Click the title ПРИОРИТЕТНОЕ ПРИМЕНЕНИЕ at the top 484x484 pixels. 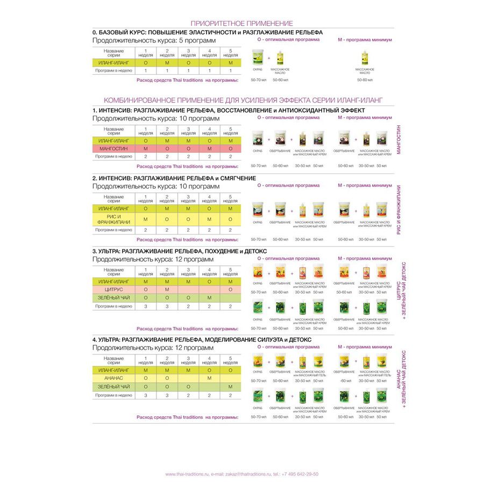pyautogui.click(x=242, y=23)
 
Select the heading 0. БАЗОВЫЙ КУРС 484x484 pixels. pyautogui.click(x=207, y=32)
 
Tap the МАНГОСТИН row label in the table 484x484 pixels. pyautogui.click(x=113, y=148)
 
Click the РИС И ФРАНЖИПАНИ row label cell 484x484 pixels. pyautogui.click(x=113, y=219)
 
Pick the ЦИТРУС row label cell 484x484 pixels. pyautogui.click(x=113, y=289)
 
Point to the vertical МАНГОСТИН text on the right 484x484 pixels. pyautogui.click(x=398, y=141)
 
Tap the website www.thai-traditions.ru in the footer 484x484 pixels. pyautogui.click(x=186, y=474)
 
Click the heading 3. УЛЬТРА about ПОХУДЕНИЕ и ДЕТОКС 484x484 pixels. pyautogui.click(x=179, y=251)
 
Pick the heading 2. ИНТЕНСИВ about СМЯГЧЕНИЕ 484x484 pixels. pyautogui.click(x=174, y=178)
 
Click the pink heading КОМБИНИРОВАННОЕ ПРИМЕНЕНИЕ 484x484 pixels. pyautogui.click(x=242, y=101)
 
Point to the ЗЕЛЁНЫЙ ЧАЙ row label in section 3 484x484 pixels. pyautogui.click(x=113, y=297)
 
